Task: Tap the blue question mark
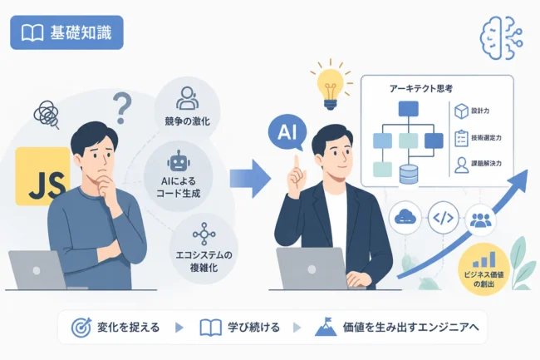(121, 109)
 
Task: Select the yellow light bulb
(331, 89)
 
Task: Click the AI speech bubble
(287, 132)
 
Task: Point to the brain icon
(502, 38)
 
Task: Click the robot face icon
(179, 161)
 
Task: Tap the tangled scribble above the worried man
(47, 114)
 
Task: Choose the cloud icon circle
(405, 218)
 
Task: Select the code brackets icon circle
(444, 218)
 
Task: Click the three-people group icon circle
(480, 219)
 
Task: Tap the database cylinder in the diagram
(409, 175)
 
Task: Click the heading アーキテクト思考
(421, 89)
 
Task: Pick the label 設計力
(480, 111)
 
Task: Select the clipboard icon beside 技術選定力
(461, 139)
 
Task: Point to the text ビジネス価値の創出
(484, 279)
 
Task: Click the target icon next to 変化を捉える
(81, 328)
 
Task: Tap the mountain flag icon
(326, 327)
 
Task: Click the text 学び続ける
(254, 328)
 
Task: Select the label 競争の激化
(187, 121)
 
